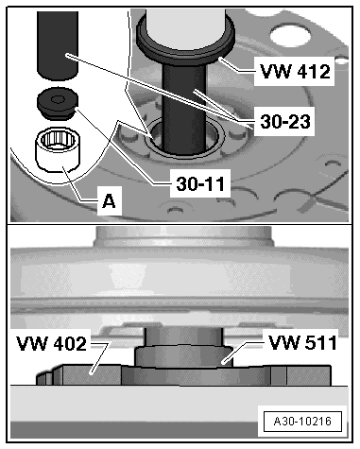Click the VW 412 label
(x=296, y=72)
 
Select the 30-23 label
(x=285, y=122)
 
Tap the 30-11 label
(x=201, y=183)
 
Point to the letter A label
(x=109, y=200)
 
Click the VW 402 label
(x=51, y=343)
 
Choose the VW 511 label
(x=302, y=342)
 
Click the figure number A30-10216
(x=302, y=422)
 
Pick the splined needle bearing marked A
(x=58, y=151)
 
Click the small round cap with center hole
(x=58, y=103)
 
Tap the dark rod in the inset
(x=58, y=44)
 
